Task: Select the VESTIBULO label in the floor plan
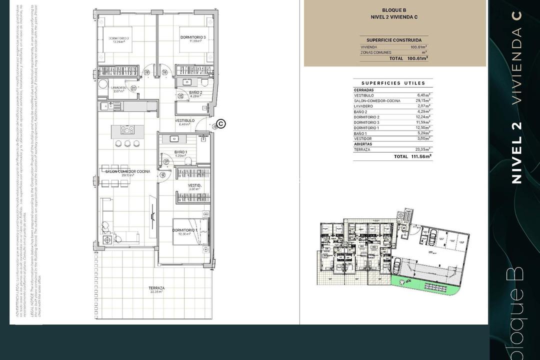(x=184, y=120)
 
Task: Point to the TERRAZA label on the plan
(x=156, y=288)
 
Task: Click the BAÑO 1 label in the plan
(x=180, y=152)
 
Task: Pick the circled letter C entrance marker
(x=221, y=124)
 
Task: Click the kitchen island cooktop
(x=127, y=130)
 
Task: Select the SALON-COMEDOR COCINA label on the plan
(x=127, y=171)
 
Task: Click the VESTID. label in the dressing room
(x=194, y=185)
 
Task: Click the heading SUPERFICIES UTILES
(x=393, y=83)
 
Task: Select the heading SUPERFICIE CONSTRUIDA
(x=394, y=40)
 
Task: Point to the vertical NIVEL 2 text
(x=516, y=152)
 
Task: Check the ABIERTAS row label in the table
(x=363, y=144)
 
